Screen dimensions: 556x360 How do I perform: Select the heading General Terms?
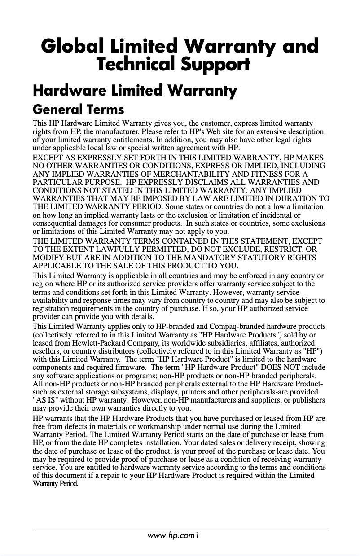click(79, 109)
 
